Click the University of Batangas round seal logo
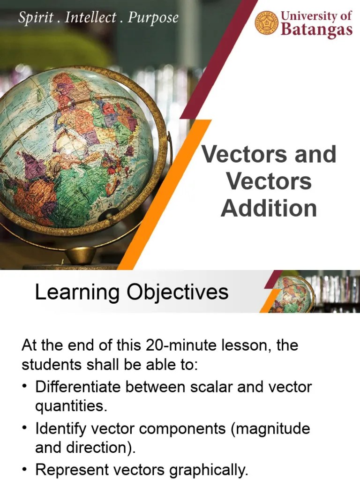(x=267, y=23)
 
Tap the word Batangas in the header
(x=316, y=30)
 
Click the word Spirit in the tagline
(x=34, y=18)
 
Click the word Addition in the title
(x=269, y=208)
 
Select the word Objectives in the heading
(x=178, y=292)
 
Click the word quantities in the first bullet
(x=71, y=406)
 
